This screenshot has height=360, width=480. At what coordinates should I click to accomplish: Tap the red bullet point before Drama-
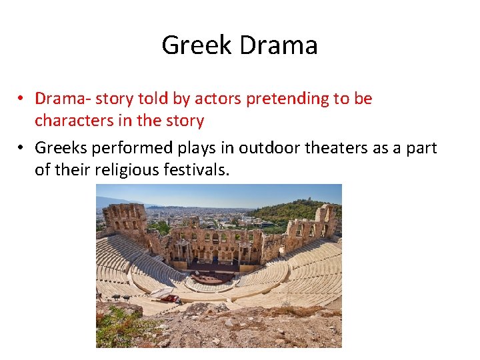[x=22, y=99]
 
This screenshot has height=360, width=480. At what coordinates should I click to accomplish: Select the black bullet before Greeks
[x=22, y=147]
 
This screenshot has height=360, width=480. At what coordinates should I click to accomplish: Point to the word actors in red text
[x=219, y=99]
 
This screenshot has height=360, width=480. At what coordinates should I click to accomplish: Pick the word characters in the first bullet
[x=70, y=121]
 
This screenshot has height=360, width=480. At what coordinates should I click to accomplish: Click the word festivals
[x=197, y=170]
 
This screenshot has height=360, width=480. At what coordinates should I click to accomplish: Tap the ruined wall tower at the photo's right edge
[x=327, y=221]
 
